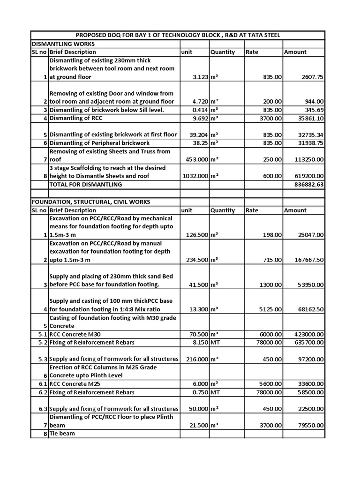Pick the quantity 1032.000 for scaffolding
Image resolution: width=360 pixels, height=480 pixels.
(x=193, y=176)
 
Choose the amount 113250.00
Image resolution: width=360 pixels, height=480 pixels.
(x=307, y=160)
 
